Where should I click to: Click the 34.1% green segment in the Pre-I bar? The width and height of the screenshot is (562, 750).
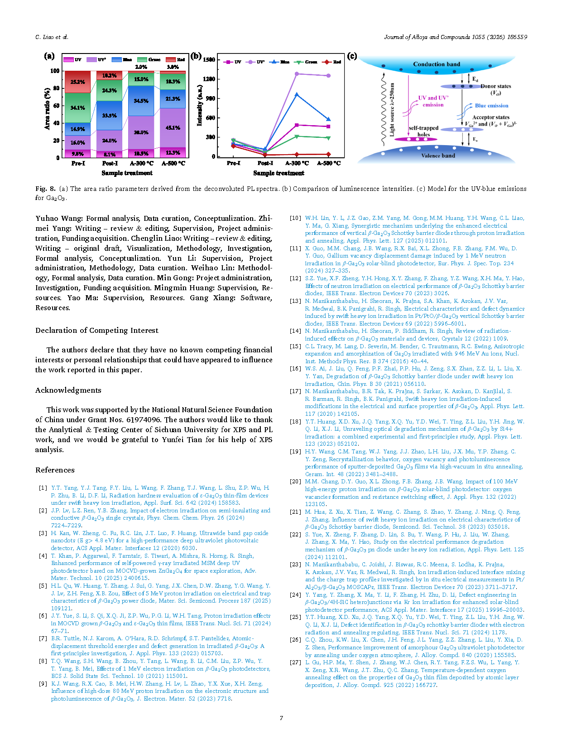click(78, 108)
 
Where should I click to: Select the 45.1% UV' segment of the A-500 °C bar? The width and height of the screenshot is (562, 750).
click(173, 128)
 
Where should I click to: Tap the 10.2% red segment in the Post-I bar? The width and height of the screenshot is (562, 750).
click(110, 75)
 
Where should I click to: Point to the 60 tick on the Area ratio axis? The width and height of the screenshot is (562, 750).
click(57, 106)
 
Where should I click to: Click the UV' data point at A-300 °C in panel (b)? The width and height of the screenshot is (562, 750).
click(297, 73)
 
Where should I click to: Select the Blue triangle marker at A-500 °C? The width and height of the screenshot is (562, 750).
click(328, 120)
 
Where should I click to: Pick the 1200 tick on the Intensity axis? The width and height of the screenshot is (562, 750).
click(209, 79)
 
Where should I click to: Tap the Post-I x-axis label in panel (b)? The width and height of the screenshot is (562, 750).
click(265, 163)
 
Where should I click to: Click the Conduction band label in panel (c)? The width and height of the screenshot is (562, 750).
click(436, 64)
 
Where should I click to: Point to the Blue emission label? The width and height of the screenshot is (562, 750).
click(491, 106)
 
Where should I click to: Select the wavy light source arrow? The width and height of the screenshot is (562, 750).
click(383, 109)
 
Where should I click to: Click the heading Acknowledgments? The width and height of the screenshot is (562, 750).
click(68, 390)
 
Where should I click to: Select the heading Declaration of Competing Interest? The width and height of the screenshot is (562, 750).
click(97, 330)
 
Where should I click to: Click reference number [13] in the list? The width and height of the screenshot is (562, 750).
click(295, 301)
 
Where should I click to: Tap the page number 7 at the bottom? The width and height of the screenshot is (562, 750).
click(281, 718)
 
